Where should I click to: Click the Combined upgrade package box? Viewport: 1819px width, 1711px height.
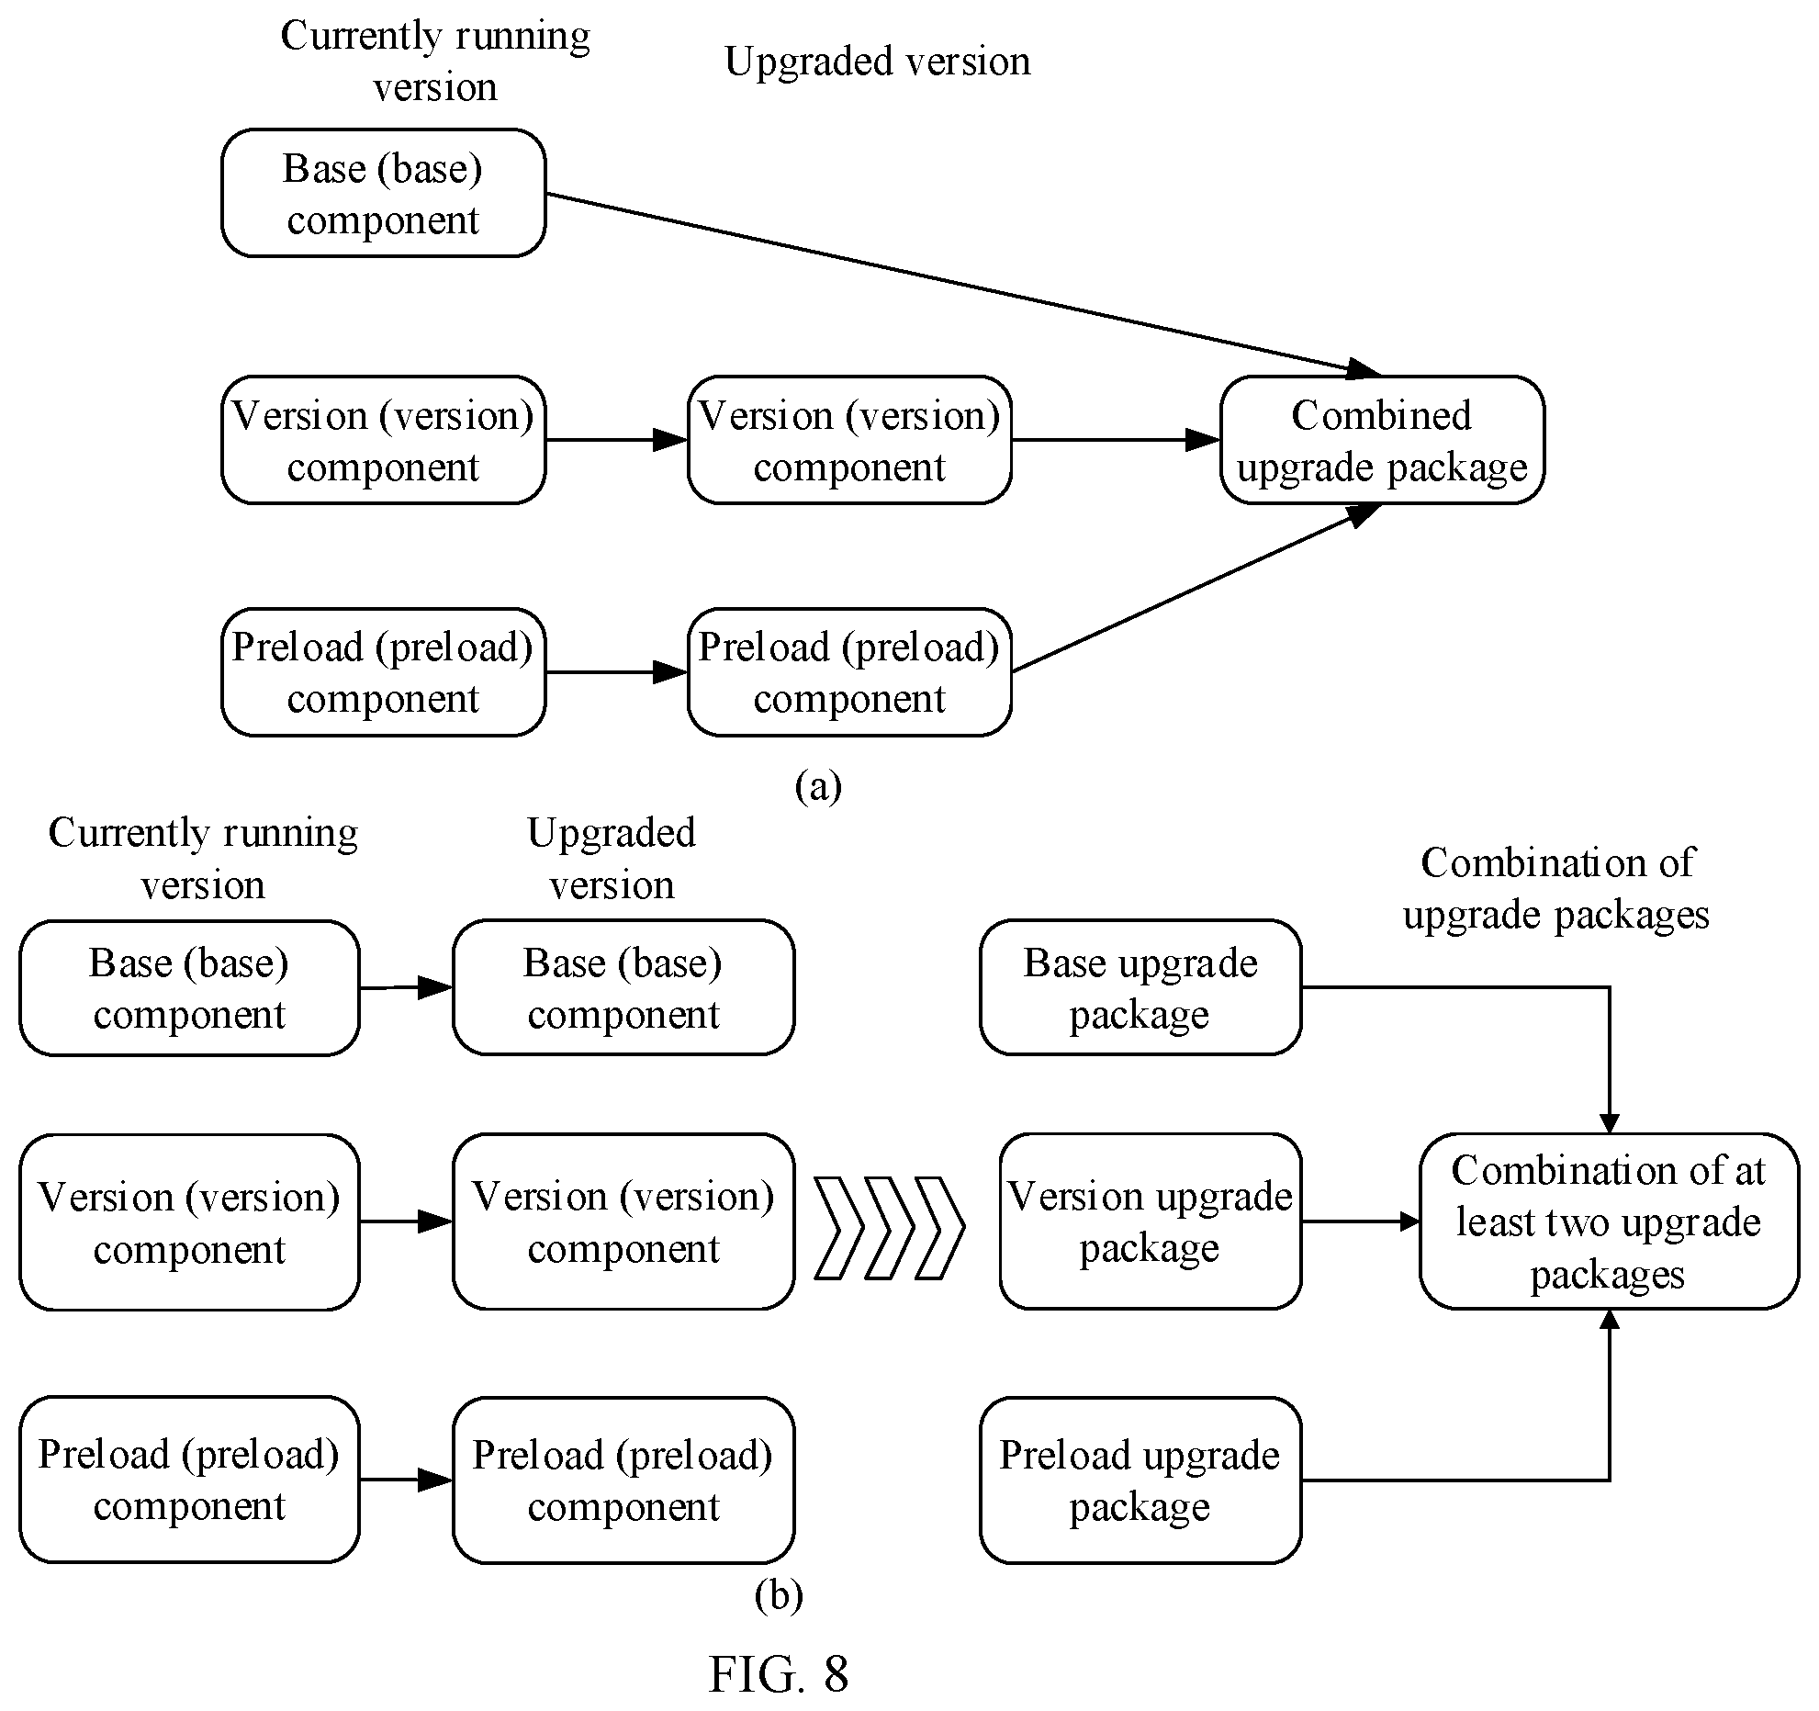[1382, 440]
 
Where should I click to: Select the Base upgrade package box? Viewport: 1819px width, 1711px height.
[1140, 987]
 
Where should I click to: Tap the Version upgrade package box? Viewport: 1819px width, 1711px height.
[1151, 1221]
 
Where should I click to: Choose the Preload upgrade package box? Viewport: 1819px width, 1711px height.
[1140, 1480]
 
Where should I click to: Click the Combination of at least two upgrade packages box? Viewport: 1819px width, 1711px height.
[1609, 1221]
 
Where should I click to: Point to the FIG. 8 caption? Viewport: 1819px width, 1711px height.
[779, 1673]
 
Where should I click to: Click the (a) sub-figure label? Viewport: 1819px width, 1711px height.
[818, 786]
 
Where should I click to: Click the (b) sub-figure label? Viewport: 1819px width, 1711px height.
[779, 1595]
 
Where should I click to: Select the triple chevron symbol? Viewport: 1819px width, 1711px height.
[890, 1226]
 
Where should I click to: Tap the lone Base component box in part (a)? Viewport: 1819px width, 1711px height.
[384, 193]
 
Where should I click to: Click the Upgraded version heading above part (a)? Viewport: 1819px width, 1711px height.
[878, 62]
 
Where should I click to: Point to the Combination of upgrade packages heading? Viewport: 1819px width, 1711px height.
[1556, 888]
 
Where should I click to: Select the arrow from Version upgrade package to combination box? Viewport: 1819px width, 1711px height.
[1361, 1221]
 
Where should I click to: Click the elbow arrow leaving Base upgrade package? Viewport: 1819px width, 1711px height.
[1609, 988]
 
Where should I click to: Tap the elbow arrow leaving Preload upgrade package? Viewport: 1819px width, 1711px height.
[1609, 1480]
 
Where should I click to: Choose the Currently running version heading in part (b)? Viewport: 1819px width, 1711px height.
[203, 859]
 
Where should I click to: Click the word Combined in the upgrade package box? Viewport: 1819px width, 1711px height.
[1382, 415]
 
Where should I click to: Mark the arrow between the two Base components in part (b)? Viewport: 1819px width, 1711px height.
[406, 987]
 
